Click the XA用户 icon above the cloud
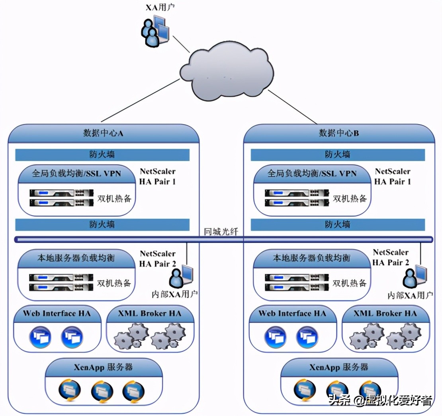(155, 30)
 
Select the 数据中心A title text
(103, 133)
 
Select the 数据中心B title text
(339, 133)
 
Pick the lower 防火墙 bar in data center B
(338, 225)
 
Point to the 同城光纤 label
(221, 231)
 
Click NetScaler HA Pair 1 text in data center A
(157, 177)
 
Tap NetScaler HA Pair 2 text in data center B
(391, 257)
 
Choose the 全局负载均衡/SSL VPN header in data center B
(312, 174)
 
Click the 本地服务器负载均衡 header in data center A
(76, 258)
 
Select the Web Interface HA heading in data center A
(57, 313)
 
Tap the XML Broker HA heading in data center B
(385, 313)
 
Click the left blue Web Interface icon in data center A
(40, 337)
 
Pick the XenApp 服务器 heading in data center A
(104, 367)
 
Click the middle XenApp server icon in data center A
(102, 391)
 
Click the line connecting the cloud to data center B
(293, 107)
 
